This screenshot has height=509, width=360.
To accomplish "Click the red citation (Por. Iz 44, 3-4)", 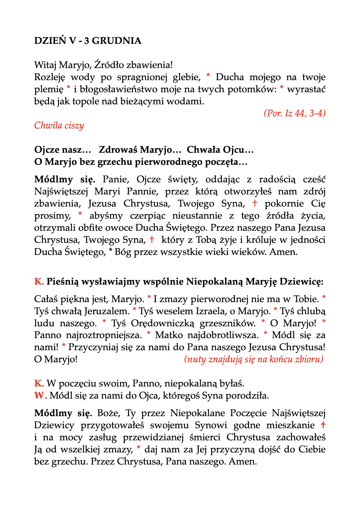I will pos(294,113).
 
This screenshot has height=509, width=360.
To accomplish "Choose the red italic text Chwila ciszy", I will pos(59,125).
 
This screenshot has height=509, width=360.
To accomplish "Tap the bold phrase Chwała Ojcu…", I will pos(220,150).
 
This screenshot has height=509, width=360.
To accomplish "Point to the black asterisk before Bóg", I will pos(110,252).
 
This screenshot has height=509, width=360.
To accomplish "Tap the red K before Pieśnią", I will pos(39,282).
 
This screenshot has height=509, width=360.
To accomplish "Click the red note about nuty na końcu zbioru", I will pos(254,359).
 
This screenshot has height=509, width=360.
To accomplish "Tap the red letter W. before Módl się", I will pos(40,396).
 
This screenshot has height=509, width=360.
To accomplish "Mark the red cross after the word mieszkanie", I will pos(323,425).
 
